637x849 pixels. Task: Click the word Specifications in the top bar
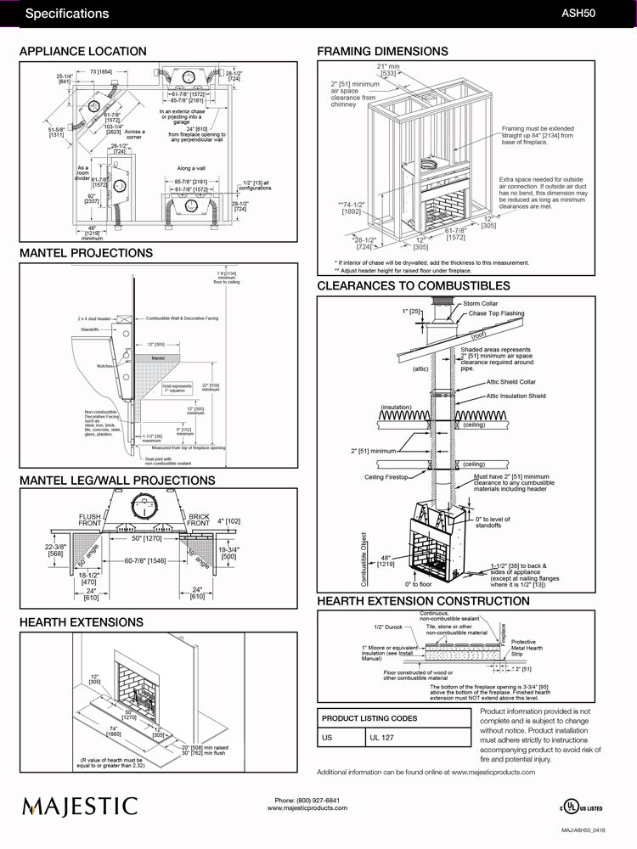[67, 14]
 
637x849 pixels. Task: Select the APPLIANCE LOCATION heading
[82, 52]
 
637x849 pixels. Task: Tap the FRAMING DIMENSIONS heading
[382, 52]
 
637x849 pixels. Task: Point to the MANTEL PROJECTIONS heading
[86, 253]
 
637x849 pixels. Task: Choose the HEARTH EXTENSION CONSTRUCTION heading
[423, 601]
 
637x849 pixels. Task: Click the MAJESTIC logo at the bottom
[80, 805]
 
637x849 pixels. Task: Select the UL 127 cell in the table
[383, 738]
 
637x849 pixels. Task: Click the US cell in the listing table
[327, 738]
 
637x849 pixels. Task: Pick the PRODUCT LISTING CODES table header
[369, 718]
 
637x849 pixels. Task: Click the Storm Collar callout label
[482, 303]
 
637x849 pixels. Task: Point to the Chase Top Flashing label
[496, 313]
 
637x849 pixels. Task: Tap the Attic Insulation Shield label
[516, 396]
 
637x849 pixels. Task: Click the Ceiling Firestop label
[386, 477]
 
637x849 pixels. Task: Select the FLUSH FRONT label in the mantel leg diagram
[89, 520]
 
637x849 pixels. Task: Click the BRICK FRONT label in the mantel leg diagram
[199, 520]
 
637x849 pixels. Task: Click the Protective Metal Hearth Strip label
[523, 648]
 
